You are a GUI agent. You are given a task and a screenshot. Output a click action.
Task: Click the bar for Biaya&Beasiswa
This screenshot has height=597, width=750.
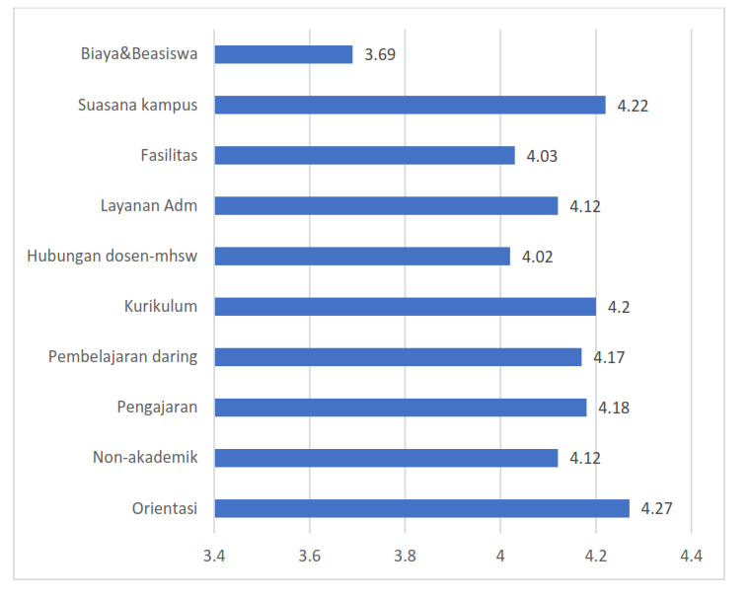coord(283,54)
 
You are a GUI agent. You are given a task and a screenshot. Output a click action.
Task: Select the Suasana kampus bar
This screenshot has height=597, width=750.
coord(410,105)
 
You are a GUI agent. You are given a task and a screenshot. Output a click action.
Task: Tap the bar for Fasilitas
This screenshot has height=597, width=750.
coord(364,155)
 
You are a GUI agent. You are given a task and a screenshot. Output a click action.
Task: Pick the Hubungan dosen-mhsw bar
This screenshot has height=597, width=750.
coord(362,257)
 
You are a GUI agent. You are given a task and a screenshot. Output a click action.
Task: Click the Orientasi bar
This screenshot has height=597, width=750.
coord(421,508)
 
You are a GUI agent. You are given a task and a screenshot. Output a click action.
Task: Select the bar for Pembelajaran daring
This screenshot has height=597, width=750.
coord(398,357)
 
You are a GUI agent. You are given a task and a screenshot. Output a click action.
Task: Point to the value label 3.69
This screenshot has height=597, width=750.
coord(380,55)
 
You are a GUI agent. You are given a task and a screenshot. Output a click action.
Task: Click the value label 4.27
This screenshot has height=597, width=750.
coord(656,509)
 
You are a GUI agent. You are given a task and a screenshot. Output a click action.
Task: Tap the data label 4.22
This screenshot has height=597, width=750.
coord(633,106)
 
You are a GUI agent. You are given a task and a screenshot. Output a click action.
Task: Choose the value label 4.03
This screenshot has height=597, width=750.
coord(543,156)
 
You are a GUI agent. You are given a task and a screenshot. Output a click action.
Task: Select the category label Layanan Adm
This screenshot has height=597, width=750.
coord(149,205)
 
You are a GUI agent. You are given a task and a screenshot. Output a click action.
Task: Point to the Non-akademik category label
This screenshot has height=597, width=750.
coord(145,457)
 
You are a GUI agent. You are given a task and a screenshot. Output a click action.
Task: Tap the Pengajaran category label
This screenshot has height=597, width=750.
coord(157,407)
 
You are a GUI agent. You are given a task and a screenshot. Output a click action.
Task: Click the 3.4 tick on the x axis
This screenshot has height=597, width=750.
coord(214,557)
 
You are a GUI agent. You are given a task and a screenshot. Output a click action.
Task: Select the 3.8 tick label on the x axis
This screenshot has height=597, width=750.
coord(405,557)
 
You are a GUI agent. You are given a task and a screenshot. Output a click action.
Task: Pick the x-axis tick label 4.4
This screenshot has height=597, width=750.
coord(691,557)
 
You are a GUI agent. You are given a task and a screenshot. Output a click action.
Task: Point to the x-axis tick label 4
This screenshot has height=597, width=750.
coord(500,557)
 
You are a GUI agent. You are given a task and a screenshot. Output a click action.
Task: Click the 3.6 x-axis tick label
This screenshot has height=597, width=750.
coord(310,557)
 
